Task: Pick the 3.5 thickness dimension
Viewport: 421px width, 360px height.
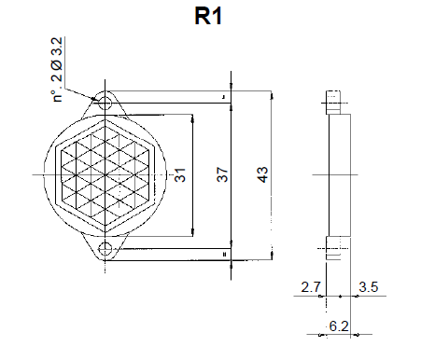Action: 367,287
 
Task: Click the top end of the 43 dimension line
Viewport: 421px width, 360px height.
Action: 270,92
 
